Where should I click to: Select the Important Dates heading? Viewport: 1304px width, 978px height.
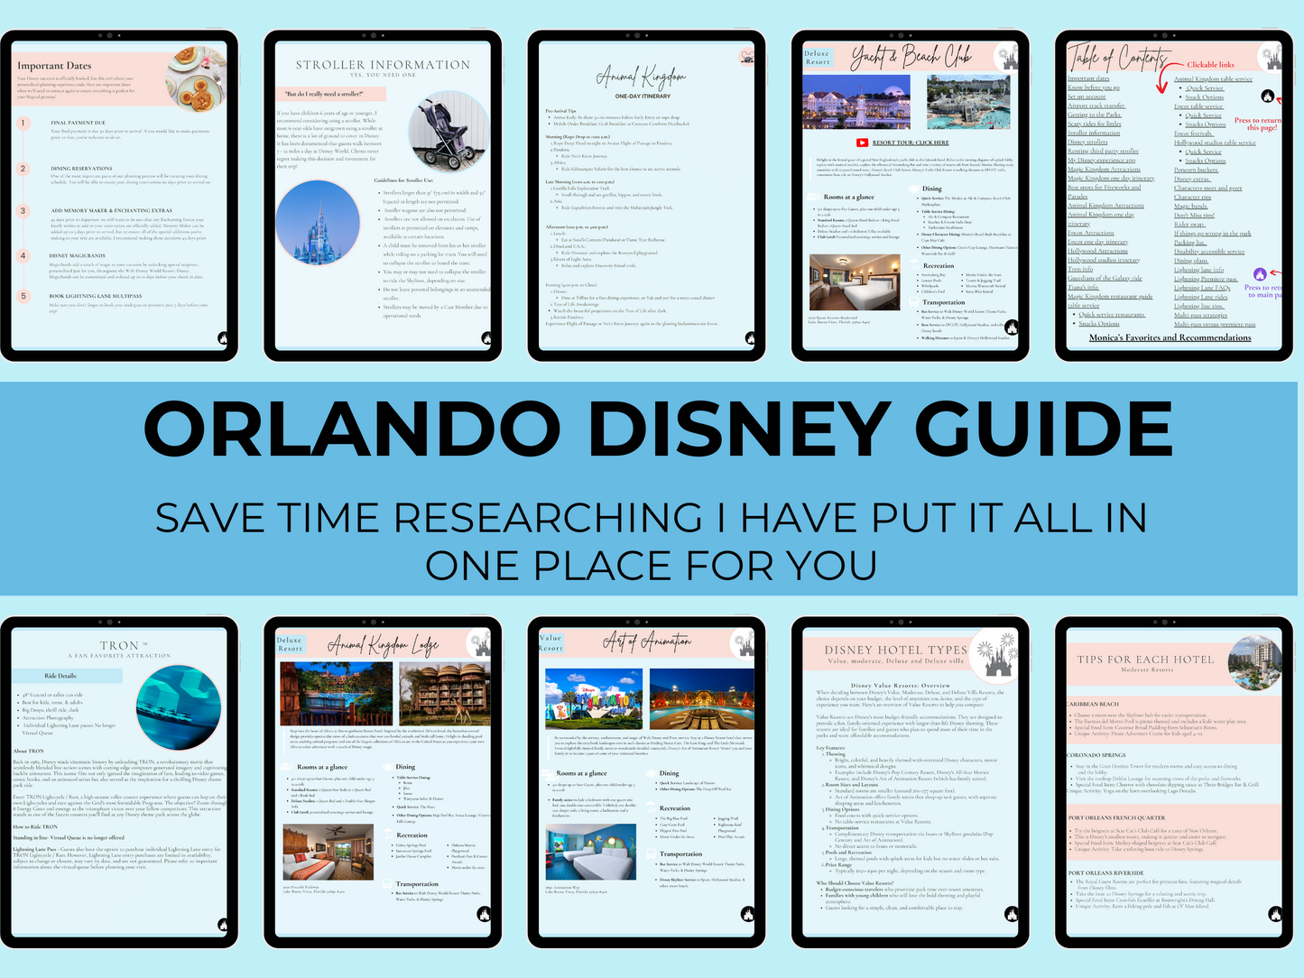pos(54,66)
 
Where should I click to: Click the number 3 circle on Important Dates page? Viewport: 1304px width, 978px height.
pos(24,211)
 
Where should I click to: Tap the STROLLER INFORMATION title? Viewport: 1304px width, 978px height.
pos(383,65)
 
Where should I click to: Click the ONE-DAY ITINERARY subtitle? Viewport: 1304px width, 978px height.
pos(643,96)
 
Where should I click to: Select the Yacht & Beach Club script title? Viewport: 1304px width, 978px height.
pos(911,58)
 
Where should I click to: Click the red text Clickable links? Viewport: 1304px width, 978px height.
pos(1210,65)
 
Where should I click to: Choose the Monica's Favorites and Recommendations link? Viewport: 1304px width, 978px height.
pos(1170,337)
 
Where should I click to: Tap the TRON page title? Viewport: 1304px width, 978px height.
pos(119,645)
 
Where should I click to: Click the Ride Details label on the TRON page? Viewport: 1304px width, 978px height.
pos(60,676)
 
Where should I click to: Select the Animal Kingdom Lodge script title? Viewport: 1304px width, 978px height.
pos(383,645)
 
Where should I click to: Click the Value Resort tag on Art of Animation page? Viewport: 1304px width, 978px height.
pos(550,643)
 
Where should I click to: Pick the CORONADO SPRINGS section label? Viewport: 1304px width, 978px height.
pos(1096,755)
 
